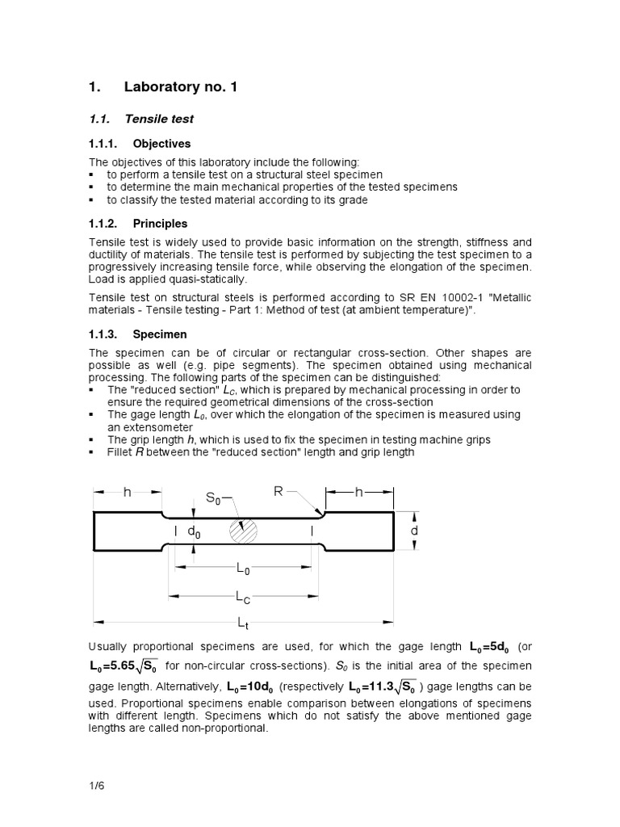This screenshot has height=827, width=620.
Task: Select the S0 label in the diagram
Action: click(x=213, y=499)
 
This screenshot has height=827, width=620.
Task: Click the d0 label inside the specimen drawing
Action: click(x=194, y=531)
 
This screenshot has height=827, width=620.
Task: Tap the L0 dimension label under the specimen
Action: click(x=243, y=569)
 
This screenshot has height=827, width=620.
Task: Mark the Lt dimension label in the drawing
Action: click(x=243, y=622)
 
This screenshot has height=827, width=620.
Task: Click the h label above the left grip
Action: click(x=127, y=492)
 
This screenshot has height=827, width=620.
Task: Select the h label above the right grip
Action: click(x=359, y=492)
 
